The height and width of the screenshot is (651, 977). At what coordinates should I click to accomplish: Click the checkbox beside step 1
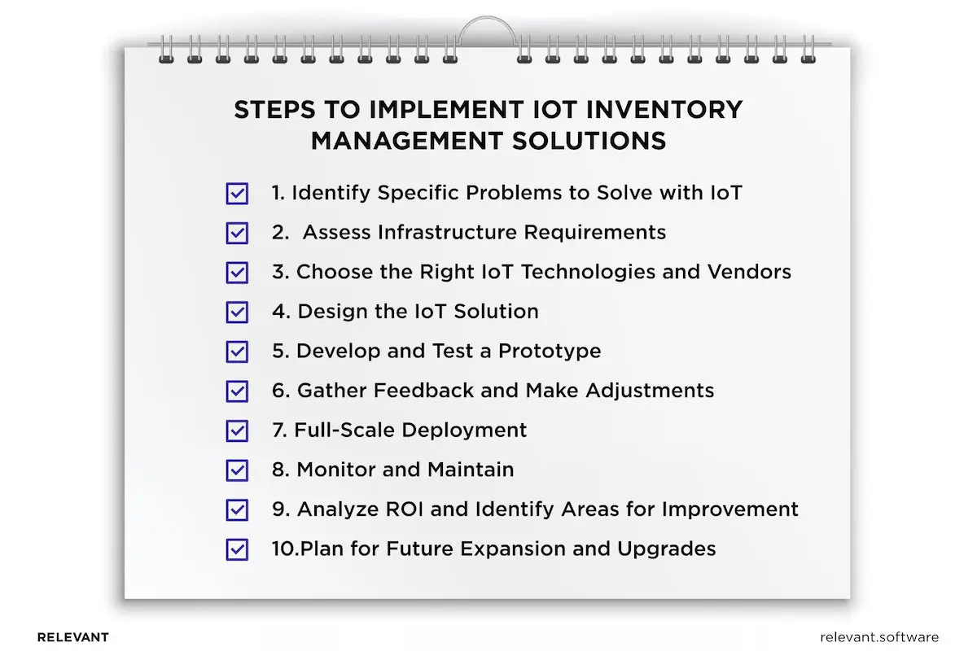pos(237,194)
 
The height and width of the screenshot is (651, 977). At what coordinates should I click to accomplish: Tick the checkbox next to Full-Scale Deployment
pos(237,430)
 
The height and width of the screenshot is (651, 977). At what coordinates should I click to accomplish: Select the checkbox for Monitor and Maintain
pos(237,470)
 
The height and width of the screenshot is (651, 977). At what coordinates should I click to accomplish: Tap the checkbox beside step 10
pos(237,549)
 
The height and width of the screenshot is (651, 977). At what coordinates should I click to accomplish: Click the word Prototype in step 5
pos(550,351)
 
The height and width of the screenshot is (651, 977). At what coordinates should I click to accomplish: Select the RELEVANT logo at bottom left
pos(72,637)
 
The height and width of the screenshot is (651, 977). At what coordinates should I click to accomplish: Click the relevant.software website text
pos(879,637)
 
